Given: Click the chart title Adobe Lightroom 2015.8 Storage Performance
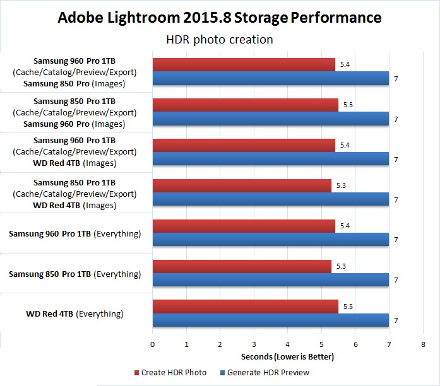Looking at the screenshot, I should click(x=220, y=17).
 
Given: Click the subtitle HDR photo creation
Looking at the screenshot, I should click(x=220, y=40).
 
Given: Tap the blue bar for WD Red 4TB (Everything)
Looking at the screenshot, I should click(x=270, y=320).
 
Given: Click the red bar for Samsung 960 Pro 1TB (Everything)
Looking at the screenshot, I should click(x=244, y=226).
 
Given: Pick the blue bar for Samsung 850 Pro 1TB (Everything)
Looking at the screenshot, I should click(x=270, y=280).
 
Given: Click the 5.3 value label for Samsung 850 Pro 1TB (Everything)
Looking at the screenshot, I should click(x=342, y=266).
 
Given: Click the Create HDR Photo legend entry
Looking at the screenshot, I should click(x=170, y=372).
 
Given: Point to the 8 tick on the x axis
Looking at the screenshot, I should click(x=423, y=344).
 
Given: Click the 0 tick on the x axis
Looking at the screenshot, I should click(x=153, y=344).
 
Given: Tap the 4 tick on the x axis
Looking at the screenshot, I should click(x=288, y=344).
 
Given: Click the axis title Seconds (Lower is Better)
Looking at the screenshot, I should click(x=287, y=357).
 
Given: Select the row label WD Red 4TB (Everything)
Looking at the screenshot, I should click(x=74, y=313).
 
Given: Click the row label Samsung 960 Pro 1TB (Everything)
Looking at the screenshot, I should click(x=74, y=234).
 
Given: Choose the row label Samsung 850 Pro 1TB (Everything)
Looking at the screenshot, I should click(x=74, y=274).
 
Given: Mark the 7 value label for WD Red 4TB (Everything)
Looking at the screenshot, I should click(x=395, y=320).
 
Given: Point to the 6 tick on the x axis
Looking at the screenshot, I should click(x=355, y=344).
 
